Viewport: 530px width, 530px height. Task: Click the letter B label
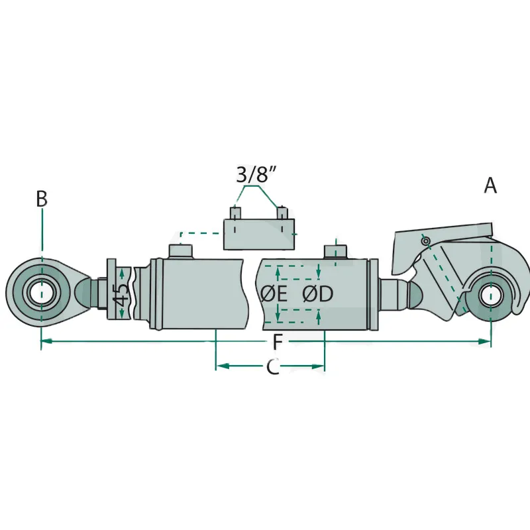pos(42,199)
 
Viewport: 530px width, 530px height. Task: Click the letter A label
pos(490,185)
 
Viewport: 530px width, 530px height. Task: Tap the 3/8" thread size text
pos(256,175)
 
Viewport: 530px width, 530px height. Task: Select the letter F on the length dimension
pos(278,342)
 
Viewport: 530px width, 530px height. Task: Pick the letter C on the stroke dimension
pos(273,366)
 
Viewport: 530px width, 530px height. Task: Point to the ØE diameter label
pos(274,293)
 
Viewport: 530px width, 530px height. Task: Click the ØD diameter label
pos(318,293)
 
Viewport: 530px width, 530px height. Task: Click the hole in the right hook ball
pos(490,295)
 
